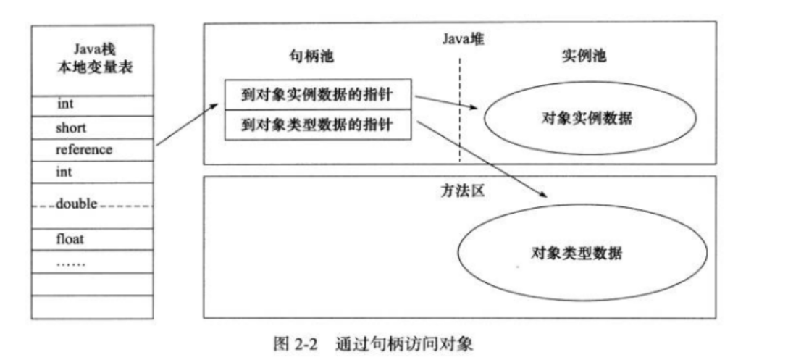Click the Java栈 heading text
click(x=92, y=50)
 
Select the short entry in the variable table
click(x=71, y=127)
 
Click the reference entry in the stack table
click(x=84, y=150)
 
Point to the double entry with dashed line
click(x=77, y=205)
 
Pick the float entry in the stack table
click(x=70, y=238)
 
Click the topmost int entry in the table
click(x=65, y=104)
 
